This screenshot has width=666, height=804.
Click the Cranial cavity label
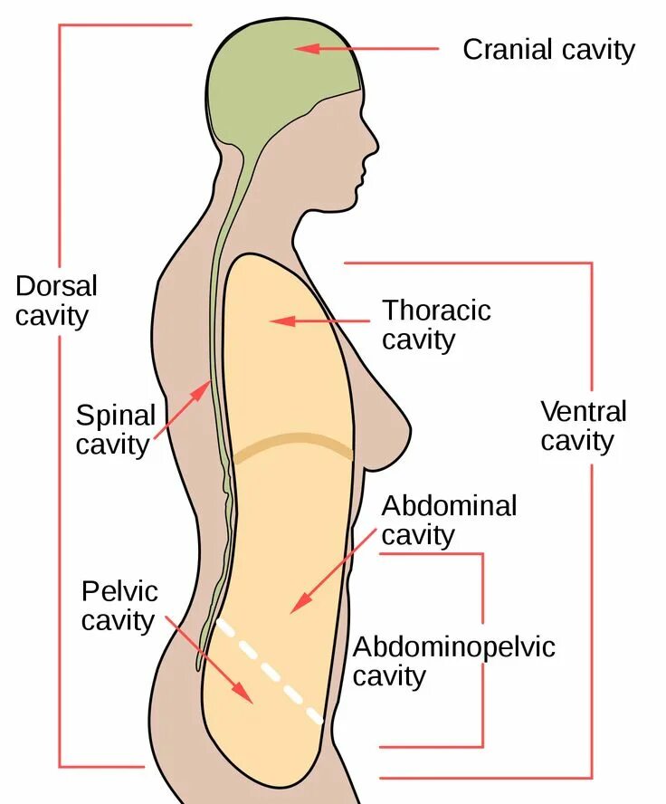point(548,49)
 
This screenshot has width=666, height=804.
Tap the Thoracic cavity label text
point(436,324)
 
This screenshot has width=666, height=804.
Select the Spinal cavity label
point(116,430)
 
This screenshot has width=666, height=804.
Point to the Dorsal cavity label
point(55,301)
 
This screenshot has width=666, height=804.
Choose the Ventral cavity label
point(583,426)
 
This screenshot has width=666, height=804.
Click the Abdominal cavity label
point(449,520)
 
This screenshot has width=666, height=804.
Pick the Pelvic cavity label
point(119,606)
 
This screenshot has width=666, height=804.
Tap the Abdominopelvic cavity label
point(453,661)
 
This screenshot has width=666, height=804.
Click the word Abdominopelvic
point(453,647)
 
